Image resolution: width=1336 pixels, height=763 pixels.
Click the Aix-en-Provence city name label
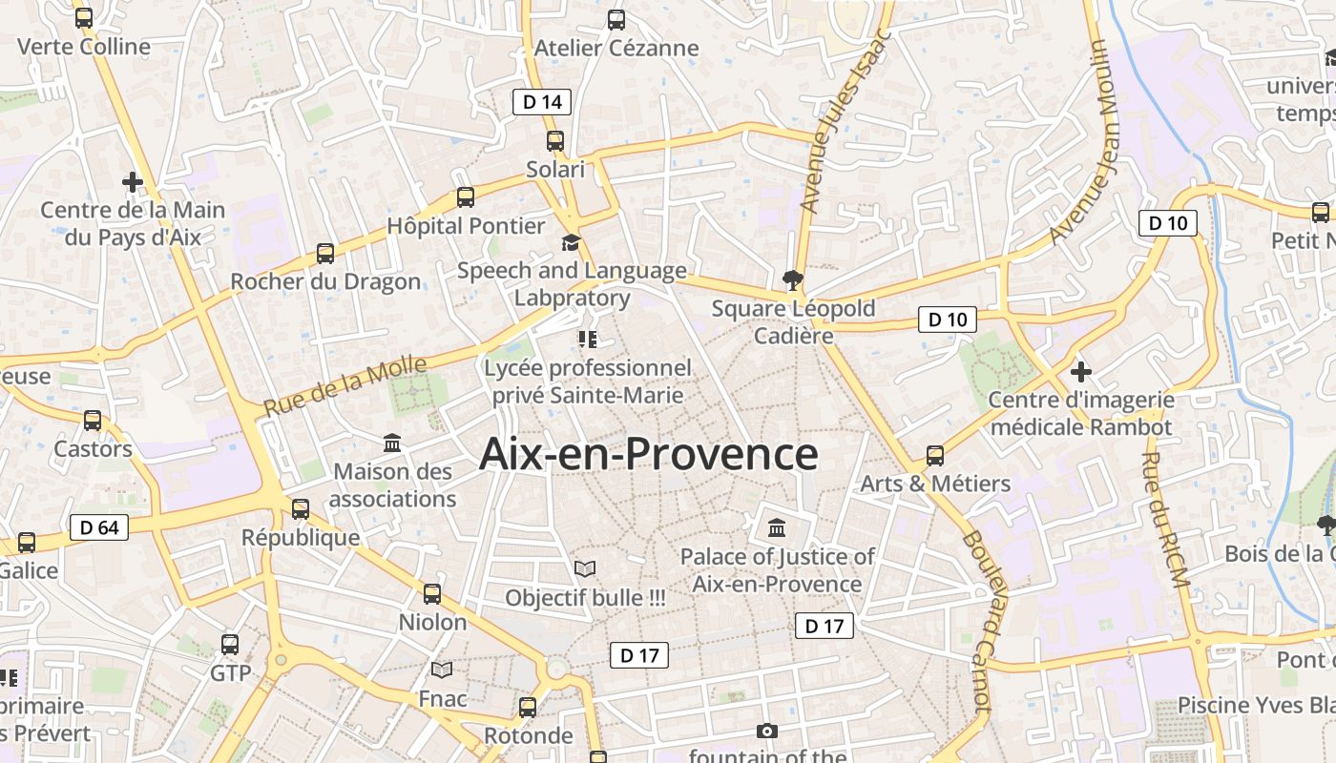tap(648, 454)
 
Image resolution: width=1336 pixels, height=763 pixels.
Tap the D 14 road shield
tap(542, 102)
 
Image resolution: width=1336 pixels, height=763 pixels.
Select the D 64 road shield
tap(99, 527)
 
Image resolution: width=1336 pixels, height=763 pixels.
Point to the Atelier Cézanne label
tap(616, 48)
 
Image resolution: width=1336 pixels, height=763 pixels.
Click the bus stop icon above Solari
tap(555, 141)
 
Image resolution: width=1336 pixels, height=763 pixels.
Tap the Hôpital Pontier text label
tap(466, 226)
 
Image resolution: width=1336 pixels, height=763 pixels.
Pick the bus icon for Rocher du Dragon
tap(325, 254)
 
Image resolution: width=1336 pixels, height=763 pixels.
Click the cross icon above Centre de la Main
tap(133, 181)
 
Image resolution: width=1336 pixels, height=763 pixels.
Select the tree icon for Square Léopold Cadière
tap(792, 280)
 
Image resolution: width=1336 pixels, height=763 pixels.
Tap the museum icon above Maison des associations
tap(392, 443)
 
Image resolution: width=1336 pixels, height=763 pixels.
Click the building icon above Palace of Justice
tap(777, 527)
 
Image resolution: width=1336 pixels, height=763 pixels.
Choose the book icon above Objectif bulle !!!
tap(585, 569)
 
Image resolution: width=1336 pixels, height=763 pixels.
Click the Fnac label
tap(443, 699)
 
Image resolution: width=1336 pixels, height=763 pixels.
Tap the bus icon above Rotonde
tap(528, 708)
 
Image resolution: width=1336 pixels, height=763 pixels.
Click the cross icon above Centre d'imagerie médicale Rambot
tap(1080, 371)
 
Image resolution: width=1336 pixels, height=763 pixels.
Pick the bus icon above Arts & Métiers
tap(935, 456)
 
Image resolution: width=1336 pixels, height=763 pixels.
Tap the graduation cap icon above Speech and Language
tap(571, 242)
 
